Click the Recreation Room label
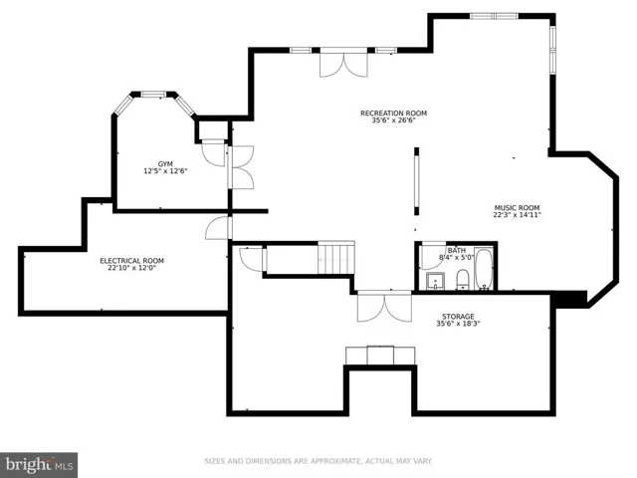pos(393,113)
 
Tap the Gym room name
pos(165,164)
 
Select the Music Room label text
pos(517,208)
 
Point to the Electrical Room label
pos(132,261)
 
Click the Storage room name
pos(458,317)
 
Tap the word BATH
pos(457,250)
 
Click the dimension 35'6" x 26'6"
pos(393,120)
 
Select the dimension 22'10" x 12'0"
pos(132,268)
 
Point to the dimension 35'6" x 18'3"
pos(458,324)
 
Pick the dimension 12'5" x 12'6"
pos(165,171)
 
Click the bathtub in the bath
pos(484,269)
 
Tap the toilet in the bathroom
pos(463,280)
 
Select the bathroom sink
pos(435,281)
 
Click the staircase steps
pos(336,258)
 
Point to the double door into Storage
pos(384,307)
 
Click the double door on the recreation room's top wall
pos(343,64)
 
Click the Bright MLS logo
pos(39,465)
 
